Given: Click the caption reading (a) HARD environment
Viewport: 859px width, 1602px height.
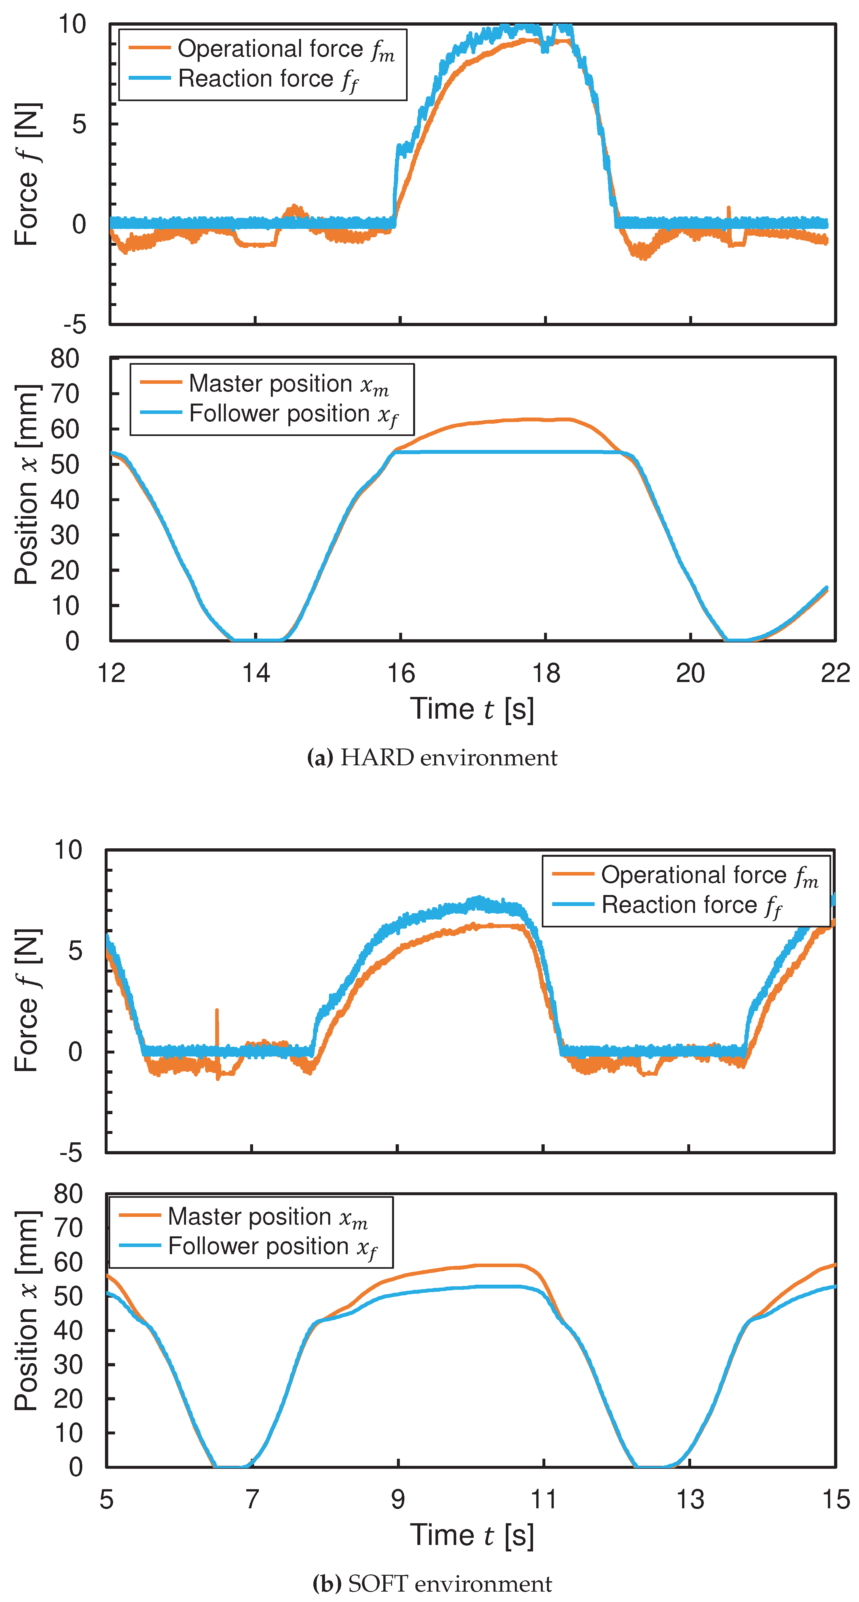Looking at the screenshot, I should (432, 758).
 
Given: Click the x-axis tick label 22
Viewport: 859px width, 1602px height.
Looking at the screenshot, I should (835, 673).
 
